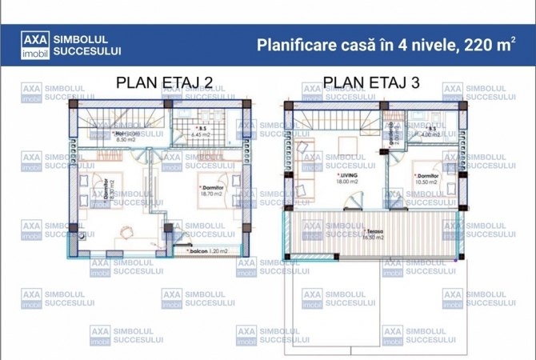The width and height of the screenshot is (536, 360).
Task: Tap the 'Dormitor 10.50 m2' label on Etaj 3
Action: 426,178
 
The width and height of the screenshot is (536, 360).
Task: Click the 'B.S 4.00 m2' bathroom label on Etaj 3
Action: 432,131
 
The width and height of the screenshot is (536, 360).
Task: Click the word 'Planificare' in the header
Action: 296,45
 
